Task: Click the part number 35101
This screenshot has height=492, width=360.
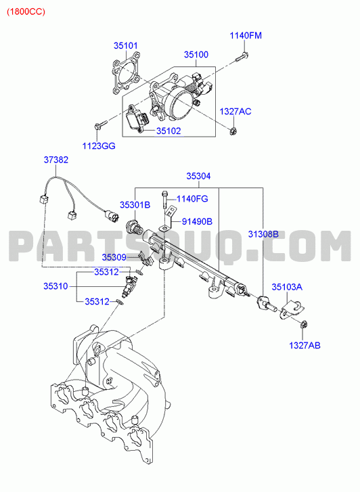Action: pos(126,45)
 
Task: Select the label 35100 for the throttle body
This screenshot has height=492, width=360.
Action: pos(196,55)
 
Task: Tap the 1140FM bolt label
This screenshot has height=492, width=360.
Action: pos(246,35)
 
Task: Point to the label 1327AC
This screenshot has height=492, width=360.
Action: pos(235,112)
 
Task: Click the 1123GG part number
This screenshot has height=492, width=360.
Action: pos(99,146)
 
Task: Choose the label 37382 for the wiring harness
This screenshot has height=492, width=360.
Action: pos(56,160)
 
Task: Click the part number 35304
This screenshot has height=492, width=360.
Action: pos(199,176)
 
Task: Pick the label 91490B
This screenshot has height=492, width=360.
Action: pos(198,221)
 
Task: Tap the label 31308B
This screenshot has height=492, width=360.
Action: pos(263,233)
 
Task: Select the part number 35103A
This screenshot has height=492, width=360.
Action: pos(287,287)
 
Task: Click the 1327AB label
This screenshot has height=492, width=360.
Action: pos(305,345)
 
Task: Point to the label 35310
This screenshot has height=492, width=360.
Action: pos(55,286)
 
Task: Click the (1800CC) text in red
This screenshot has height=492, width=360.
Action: pos(26,12)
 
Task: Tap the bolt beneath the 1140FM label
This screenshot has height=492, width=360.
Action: pos(242,57)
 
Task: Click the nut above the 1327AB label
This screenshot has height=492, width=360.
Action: pos(304,324)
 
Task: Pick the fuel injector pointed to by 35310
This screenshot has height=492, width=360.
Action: pos(129,286)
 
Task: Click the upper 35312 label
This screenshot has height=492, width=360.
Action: pos(107,272)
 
